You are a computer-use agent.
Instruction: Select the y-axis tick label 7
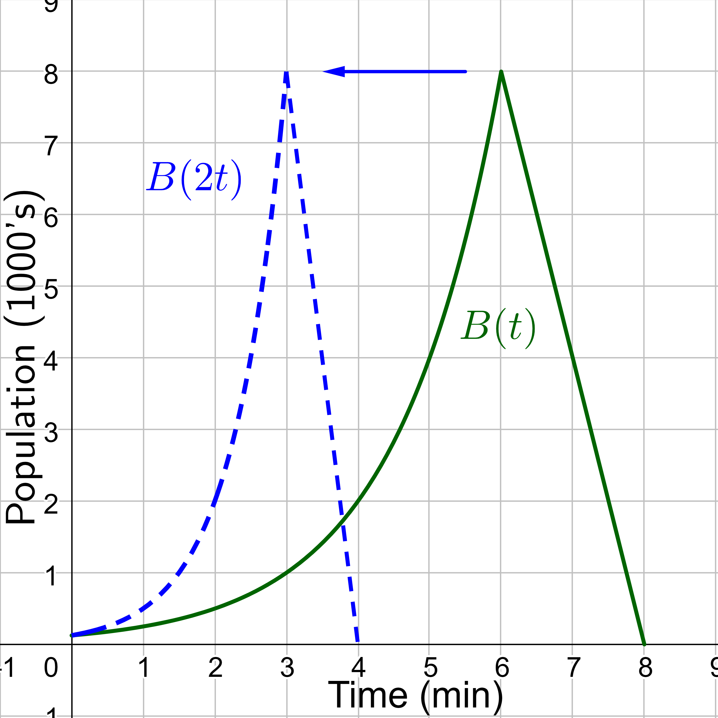(x=51, y=146)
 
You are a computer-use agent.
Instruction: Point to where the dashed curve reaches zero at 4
(x=358, y=642)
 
